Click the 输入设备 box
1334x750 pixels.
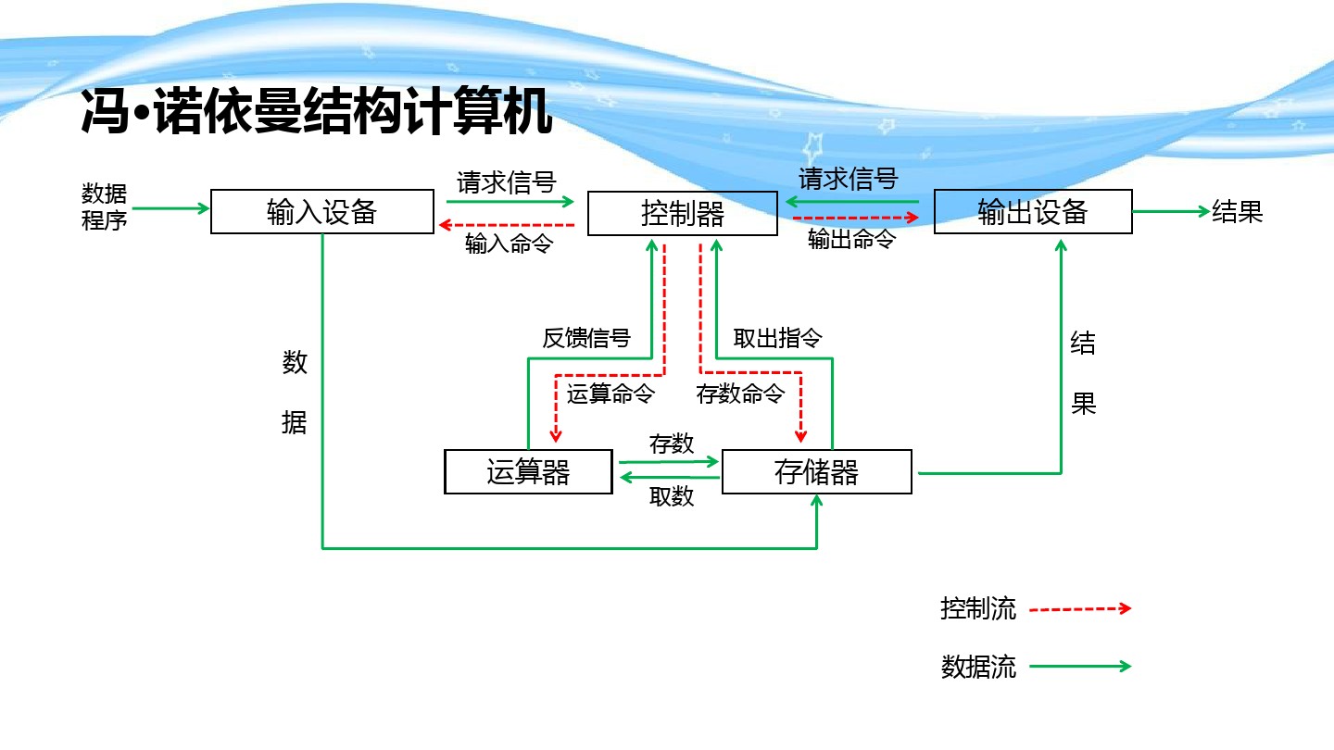pos(321,212)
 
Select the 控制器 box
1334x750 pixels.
pos(683,214)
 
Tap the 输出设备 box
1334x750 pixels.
pos(1033,212)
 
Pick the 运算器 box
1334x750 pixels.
pos(528,472)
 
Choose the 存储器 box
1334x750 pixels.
pos(816,472)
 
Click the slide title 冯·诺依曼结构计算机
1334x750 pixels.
pos(317,113)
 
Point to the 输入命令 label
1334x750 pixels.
pos(509,244)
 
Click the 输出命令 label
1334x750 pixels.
pos(851,240)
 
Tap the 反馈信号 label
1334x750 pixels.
pos(585,339)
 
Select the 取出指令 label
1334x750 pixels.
pos(777,338)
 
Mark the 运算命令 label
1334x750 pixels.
pos(610,394)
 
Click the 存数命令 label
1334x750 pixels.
pos(740,394)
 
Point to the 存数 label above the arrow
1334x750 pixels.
pos(672,444)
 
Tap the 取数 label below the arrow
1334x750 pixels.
pos(672,497)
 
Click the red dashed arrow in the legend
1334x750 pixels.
pos(1080,609)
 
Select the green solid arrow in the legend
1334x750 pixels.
pos(1080,666)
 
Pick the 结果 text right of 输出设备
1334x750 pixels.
pos(1238,212)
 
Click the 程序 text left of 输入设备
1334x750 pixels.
pos(104,221)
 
